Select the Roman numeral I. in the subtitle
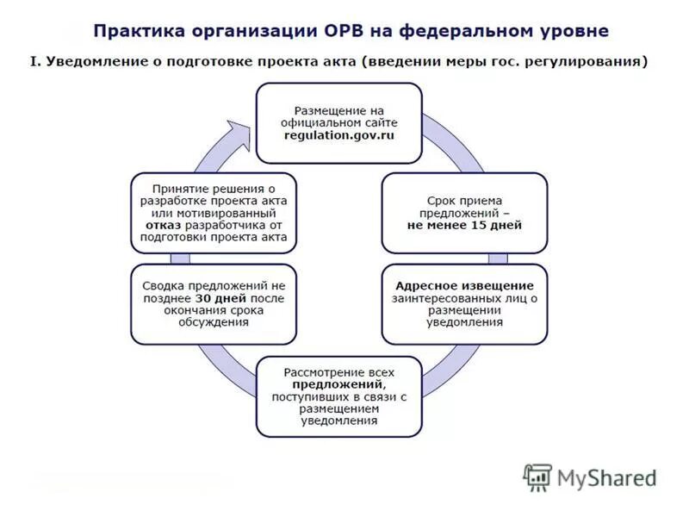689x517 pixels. coord(35,62)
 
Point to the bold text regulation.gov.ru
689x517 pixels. coord(338,135)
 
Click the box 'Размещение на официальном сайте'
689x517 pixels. coord(338,122)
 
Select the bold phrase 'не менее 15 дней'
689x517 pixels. coord(464,224)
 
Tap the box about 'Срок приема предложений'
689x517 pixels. coord(464,212)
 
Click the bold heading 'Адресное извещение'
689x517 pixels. coord(464,286)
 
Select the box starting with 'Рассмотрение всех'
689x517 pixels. coord(338,396)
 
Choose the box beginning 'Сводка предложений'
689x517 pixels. coord(214,303)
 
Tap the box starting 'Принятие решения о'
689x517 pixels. coord(214,212)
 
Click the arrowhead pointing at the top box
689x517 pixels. coord(247,131)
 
